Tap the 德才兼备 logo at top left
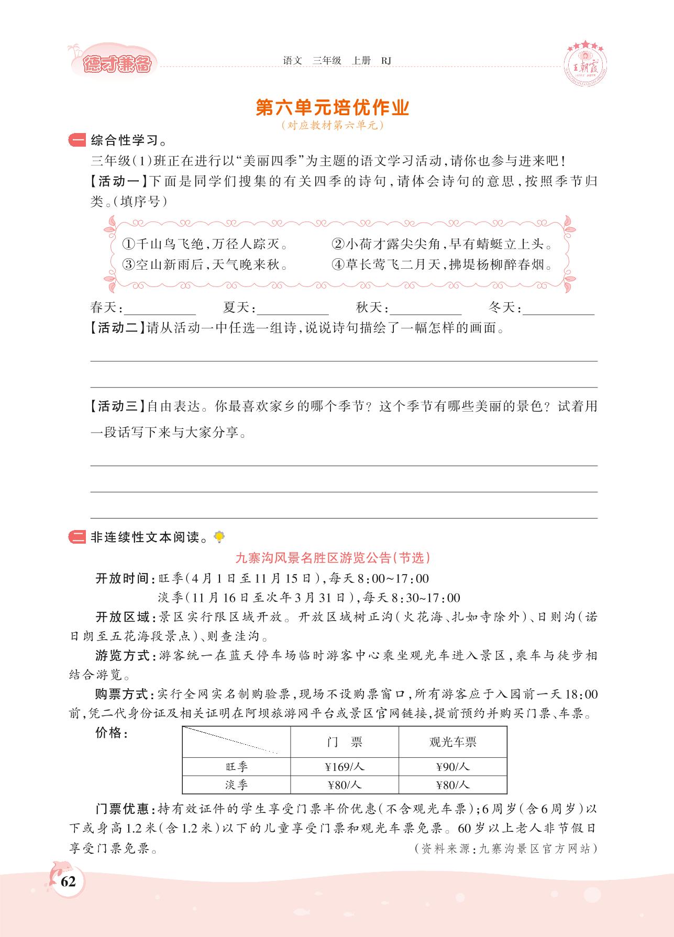(117, 64)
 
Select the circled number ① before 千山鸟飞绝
(128, 244)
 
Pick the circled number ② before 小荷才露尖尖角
(338, 244)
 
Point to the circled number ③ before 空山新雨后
(128, 264)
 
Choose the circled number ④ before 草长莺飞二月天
(338, 264)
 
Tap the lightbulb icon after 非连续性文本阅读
(219, 536)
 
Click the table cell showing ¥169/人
(344, 767)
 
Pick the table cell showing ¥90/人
(452, 767)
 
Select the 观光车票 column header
(452, 742)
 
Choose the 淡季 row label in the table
(236, 785)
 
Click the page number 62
(68, 881)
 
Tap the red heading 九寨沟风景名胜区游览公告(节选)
(333, 558)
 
